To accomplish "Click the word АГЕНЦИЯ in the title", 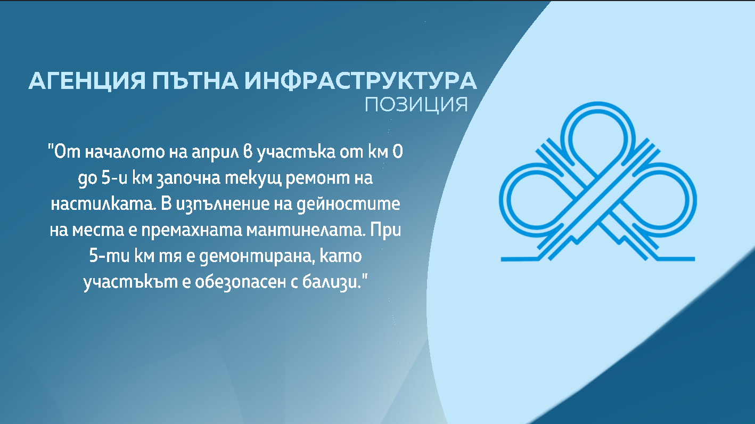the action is point(87,81).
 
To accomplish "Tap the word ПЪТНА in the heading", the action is point(195,80).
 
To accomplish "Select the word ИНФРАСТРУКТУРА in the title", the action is point(360,80).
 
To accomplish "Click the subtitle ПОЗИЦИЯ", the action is point(416,104).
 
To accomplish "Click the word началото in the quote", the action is point(125,152).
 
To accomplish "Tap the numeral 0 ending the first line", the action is point(398,152).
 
